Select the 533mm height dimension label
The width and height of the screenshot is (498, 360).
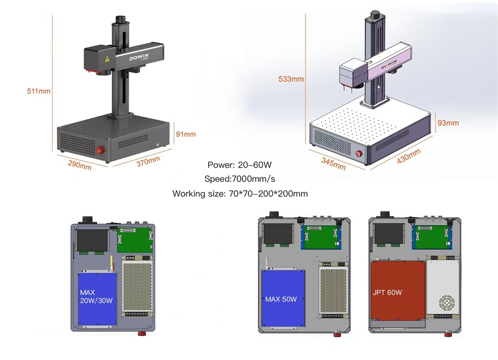coord(291,79)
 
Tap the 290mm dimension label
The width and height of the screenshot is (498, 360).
coord(80,165)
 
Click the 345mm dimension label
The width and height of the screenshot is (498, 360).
coord(334,163)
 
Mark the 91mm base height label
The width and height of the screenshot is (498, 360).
coord(186,134)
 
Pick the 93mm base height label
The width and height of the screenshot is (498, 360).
coord(448,122)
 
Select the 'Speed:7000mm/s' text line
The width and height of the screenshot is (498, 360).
coord(240,179)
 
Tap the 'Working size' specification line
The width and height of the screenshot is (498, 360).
coord(240,194)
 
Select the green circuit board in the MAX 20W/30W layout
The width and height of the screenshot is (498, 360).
coord(135,240)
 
